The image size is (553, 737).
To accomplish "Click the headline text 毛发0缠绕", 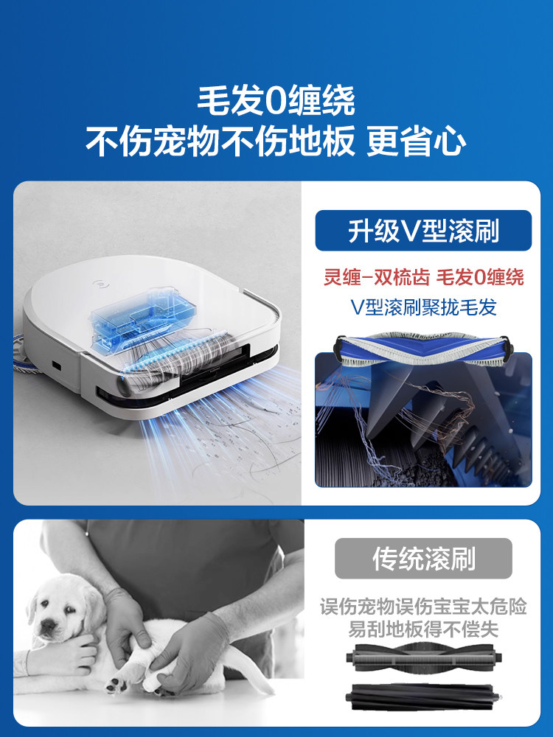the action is coord(276,100).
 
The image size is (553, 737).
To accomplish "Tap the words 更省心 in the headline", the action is coord(416,141).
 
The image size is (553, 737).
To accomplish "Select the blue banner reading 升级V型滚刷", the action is coord(423,230).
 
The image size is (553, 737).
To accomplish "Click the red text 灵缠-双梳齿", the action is coord(376,277).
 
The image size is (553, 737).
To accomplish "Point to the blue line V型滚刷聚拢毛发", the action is coord(423,307).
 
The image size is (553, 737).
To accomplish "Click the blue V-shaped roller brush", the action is coord(423,349).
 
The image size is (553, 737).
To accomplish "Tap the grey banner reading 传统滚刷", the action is coord(423,559).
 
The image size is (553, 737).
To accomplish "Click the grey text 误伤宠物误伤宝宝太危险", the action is coord(423,607).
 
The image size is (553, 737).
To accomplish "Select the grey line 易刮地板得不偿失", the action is coord(423,629).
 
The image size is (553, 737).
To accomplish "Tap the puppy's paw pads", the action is coord(114,685).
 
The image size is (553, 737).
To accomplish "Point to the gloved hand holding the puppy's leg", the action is coord(192,644).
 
